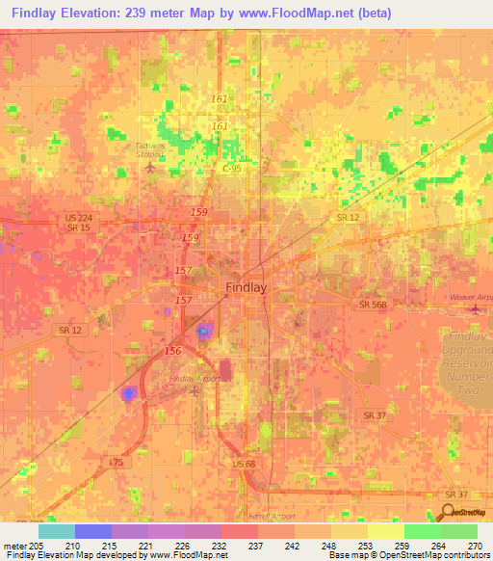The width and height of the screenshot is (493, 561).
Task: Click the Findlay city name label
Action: click(x=246, y=286)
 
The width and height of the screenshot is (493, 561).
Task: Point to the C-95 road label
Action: click(x=231, y=169)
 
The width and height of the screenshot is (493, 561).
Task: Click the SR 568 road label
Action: click(x=372, y=305)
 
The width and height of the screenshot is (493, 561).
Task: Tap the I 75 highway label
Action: click(x=117, y=463)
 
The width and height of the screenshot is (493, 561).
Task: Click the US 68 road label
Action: click(x=245, y=465)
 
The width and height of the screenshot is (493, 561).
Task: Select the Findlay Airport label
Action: click(x=196, y=379)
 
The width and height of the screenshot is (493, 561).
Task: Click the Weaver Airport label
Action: click(x=471, y=298)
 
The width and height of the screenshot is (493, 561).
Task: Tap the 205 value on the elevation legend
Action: click(x=28, y=544)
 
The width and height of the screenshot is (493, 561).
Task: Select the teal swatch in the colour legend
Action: click(x=57, y=531)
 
